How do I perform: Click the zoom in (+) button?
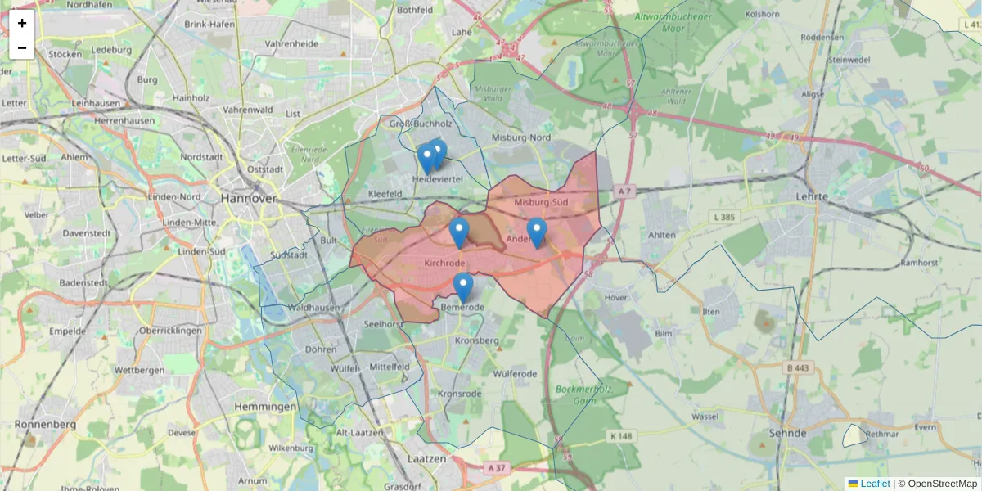pos(22,23)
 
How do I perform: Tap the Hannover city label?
pos(248,199)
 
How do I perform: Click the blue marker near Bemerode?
pos(463,286)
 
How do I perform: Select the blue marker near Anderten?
pos(536,232)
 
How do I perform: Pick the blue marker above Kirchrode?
pos(459,232)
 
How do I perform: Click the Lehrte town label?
pos(812,197)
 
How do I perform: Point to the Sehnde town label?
pos(788,433)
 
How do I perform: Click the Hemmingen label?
pos(265,407)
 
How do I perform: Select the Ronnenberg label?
pos(46,425)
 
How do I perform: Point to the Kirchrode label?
pos(446,264)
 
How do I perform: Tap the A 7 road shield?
pos(624,191)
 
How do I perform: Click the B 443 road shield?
pos(797,367)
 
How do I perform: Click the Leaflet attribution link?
pos(875,484)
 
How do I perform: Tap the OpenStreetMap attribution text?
pos(942,484)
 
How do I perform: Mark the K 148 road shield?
pos(622,436)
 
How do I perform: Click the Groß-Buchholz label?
pos(421,124)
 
